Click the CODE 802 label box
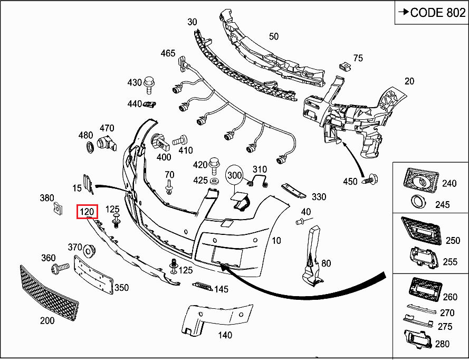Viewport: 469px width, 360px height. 431,13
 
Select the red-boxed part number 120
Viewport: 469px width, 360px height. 87,212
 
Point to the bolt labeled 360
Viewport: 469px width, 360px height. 59,269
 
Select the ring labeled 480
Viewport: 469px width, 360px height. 89,146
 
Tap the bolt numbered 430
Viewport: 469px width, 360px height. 149,82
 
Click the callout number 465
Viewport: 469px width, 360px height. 168,53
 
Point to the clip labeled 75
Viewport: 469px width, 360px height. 344,65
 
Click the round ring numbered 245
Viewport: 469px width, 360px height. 419,202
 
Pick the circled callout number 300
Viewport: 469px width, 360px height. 234,174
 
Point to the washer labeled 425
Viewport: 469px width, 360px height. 215,181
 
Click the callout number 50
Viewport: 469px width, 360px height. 273,36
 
